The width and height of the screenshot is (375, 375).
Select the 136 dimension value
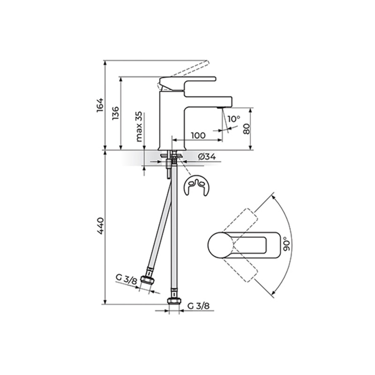[115, 113]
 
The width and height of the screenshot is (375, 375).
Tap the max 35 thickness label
[139, 127]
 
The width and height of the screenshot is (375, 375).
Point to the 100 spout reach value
[198, 135]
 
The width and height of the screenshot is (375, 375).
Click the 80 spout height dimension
[246, 129]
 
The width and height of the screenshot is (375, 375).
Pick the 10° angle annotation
[234, 119]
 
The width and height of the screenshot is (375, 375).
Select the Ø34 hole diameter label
[207, 157]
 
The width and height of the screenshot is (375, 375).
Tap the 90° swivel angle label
[287, 243]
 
